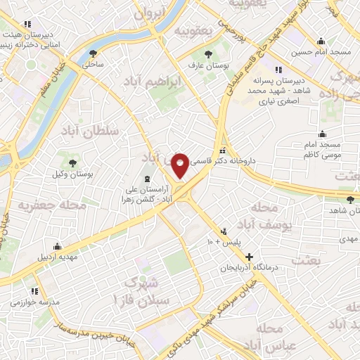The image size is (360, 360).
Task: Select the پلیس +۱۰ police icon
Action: [x=224, y=231]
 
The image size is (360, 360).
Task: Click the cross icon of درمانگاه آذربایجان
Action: [x=247, y=257]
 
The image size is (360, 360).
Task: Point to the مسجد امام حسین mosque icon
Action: [x=321, y=41]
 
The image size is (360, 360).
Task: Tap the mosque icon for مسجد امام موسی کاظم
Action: [x=323, y=134]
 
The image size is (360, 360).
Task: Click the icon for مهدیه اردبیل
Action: [x=57, y=247]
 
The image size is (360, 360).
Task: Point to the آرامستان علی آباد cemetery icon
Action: [x=147, y=179]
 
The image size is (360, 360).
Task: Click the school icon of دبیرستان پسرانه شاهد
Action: [x=278, y=70]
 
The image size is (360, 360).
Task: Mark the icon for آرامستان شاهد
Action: [x=330, y=199]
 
